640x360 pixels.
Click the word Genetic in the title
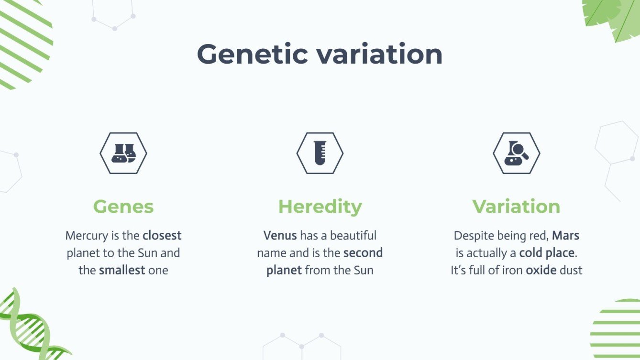pyautogui.click(x=252, y=54)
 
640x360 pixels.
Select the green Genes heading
pyautogui.click(x=123, y=207)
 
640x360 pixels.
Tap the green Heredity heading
pyautogui.click(x=320, y=207)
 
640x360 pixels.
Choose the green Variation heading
pyautogui.click(x=516, y=207)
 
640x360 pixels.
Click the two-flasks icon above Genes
pyautogui.click(x=123, y=153)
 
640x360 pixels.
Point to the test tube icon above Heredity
pyautogui.click(x=320, y=153)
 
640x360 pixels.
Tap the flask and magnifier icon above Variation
pyautogui.click(x=517, y=153)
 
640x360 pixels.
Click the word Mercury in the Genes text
pyautogui.click(x=85, y=236)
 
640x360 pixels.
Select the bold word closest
pyautogui.click(x=162, y=236)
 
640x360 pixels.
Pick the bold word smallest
pyautogui.click(x=122, y=270)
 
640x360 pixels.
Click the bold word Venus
pyautogui.click(x=280, y=236)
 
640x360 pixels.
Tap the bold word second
pyautogui.click(x=363, y=253)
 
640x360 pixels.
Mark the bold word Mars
pyautogui.click(x=566, y=236)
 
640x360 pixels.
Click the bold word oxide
pyautogui.click(x=541, y=270)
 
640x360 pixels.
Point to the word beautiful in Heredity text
pyautogui.click(x=353, y=236)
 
